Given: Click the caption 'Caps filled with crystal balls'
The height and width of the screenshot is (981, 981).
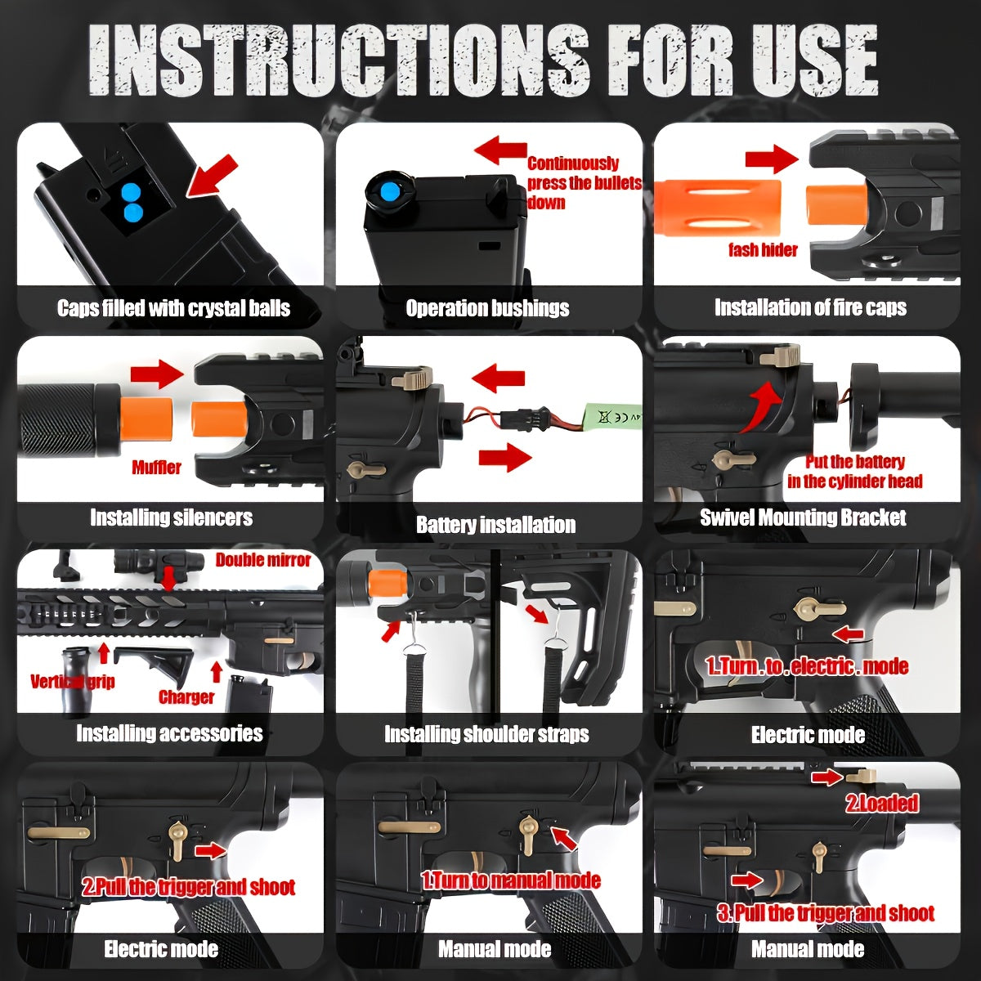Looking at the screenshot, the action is click(173, 308).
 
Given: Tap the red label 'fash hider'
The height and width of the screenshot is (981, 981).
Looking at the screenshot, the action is click(763, 250).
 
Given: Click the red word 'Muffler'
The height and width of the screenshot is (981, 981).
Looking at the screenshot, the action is click(156, 468).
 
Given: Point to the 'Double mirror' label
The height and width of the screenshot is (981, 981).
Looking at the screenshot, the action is click(262, 560).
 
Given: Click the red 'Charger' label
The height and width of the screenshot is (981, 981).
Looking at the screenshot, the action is click(186, 697).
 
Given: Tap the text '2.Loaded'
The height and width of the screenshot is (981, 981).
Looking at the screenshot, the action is click(882, 803).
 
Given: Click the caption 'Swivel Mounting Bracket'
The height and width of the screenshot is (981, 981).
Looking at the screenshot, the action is click(803, 517).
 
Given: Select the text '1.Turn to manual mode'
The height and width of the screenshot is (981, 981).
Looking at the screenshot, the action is click(511, 880).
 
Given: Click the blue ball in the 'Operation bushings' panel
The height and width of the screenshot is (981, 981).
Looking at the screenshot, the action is click(390, 192).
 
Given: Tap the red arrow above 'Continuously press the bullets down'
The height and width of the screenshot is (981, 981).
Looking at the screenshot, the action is click(500, 150).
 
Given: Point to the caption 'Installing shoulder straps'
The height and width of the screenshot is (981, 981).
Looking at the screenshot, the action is click(486, 734).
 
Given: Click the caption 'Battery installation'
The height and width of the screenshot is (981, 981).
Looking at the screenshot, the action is click(496, 525).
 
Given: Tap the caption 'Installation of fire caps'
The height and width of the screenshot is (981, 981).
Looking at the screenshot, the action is click(810, 307).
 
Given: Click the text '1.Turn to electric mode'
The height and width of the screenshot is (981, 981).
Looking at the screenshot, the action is click(807, 666).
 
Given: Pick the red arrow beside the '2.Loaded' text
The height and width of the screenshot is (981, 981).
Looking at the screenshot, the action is click(827, 777).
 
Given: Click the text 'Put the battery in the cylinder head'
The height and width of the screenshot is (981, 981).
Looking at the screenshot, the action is click(855, 472).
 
